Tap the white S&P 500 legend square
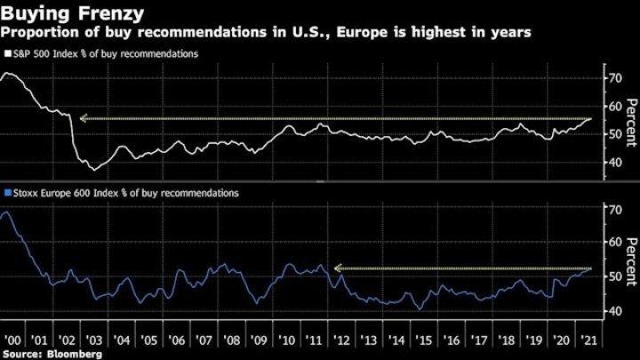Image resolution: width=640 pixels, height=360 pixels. pyautogui.click(x=7, y=54)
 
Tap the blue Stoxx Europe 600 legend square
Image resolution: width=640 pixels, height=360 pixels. pyautogui.click(x=7, y=192)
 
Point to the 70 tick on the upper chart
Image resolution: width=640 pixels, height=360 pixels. pyautogui.click(x=612, y=78)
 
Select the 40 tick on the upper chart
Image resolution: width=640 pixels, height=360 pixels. pyautogui.click(x=612, y=163)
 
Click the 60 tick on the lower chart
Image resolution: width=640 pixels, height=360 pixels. pyautogui.click(x=612, y=242)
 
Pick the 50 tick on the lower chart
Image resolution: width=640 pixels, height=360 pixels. pyautogui.click(x=612, y=276)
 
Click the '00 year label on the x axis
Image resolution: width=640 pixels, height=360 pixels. pyautogui.click(x=14, y=341)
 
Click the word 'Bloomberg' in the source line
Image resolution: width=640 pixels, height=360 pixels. pyautogui.click(x=76, y=353)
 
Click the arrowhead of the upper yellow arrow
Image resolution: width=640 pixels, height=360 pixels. pyautogui.click(x=82, y=118)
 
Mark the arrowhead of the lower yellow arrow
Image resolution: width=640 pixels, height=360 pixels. pyautogui.click(x=337, y=268)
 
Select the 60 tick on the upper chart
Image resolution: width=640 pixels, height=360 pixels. pyautogui.click(x=612, y=107)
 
